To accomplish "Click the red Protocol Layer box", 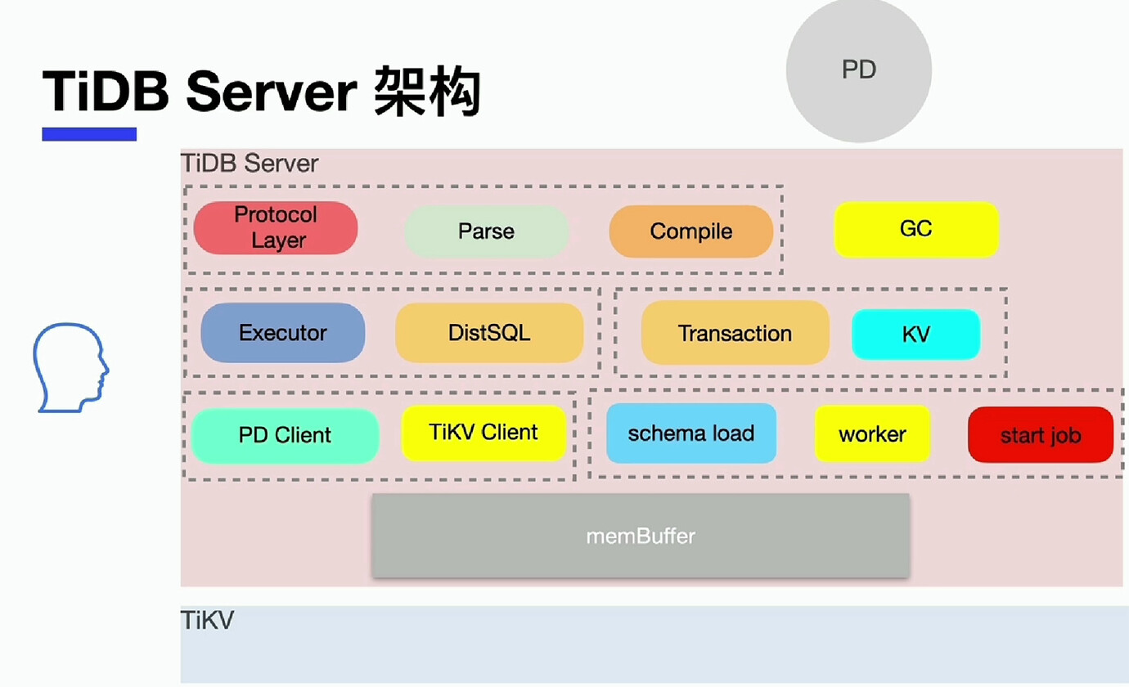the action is [276, 228].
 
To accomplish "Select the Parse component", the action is [487, 231].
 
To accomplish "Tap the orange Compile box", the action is [691, 231].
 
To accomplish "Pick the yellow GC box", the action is [916, 229].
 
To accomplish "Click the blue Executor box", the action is [283, 333].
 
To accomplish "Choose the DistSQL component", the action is [489, 333].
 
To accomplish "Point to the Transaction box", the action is [735, 333].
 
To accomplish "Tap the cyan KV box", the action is [915, 335].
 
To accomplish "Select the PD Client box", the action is [285, 435].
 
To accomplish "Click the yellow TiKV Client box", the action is [484, 433].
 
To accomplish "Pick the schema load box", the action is [691, 433].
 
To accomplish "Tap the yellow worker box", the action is [872, 433].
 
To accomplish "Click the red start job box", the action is [1041, 434].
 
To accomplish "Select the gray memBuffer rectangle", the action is [641, 535].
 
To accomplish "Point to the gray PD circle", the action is [859, 70].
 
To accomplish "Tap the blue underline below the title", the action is [89, 134].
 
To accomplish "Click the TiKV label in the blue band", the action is [207, 620].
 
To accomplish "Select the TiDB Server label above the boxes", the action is [250, 164].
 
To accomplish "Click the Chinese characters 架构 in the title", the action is [427, 92].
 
